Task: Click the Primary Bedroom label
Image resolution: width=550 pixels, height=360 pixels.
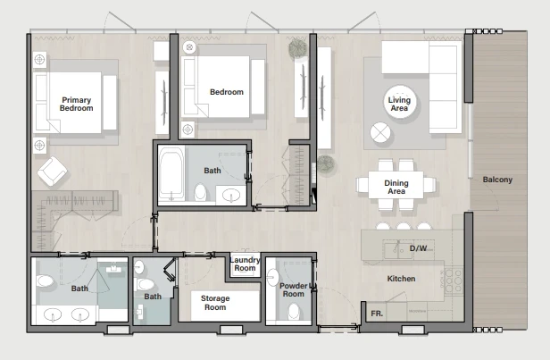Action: coord(76,105)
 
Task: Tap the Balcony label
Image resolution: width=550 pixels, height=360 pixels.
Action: coord(497,180)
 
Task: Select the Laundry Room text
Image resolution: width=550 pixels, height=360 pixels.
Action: coord(245,264)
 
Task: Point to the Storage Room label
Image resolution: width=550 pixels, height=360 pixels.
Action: coord(215,303)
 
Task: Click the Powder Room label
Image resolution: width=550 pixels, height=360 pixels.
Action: coord(293,289)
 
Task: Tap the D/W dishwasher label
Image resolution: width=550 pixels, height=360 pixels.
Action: coord(418,248)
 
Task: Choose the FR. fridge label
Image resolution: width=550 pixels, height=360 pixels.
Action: coord(377,314)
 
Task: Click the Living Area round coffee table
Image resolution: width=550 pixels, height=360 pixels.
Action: coord(399,102)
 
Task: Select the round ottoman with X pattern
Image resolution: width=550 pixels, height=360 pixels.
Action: coord(380,132)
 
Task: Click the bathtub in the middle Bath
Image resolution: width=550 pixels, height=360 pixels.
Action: coord(171,174)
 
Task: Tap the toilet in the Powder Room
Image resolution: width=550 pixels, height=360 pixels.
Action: coord(294,312)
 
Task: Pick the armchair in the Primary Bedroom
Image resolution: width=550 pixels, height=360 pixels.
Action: coord(53,171)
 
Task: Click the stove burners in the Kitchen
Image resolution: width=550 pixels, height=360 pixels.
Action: coord(454,280)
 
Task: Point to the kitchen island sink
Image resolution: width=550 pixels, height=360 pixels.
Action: coord(398,250)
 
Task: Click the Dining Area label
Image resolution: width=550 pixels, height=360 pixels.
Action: coord(396,187)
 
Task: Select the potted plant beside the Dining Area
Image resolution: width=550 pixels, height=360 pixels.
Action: coord(326,164)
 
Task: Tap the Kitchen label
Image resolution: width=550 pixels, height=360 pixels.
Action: coord(401,279)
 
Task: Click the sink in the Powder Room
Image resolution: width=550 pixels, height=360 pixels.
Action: coord(272,277)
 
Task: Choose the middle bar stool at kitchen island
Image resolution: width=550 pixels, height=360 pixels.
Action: coord(404,226)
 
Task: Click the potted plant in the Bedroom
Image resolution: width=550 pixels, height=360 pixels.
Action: coord(298,48)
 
